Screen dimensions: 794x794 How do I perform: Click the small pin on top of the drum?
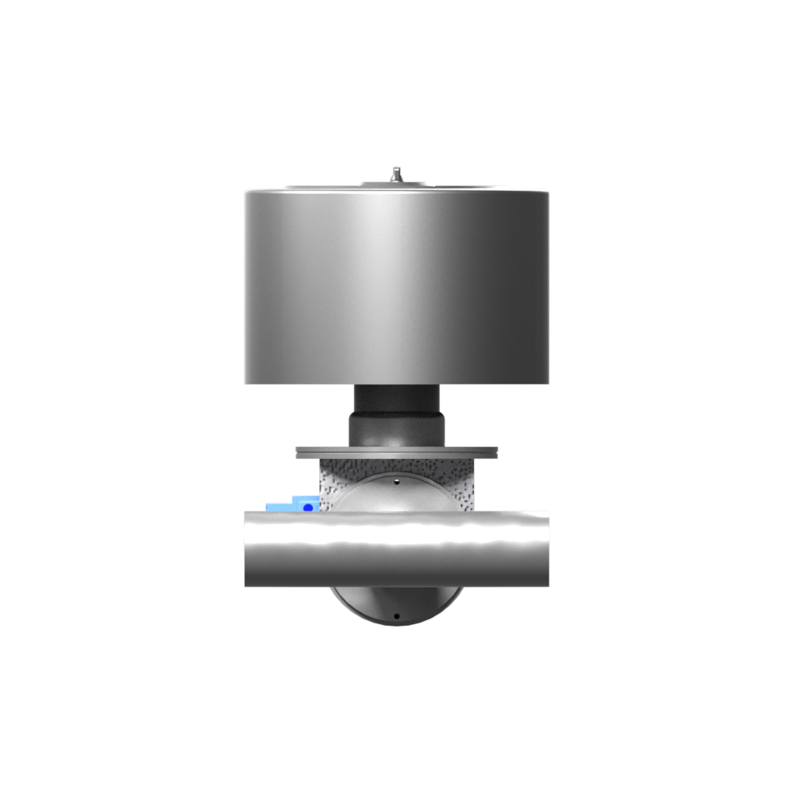[395, 172]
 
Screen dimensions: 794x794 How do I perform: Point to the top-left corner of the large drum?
[246, 193]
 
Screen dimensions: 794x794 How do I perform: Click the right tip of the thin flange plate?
[496, 453]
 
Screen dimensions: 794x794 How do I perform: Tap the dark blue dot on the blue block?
[307, 506]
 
